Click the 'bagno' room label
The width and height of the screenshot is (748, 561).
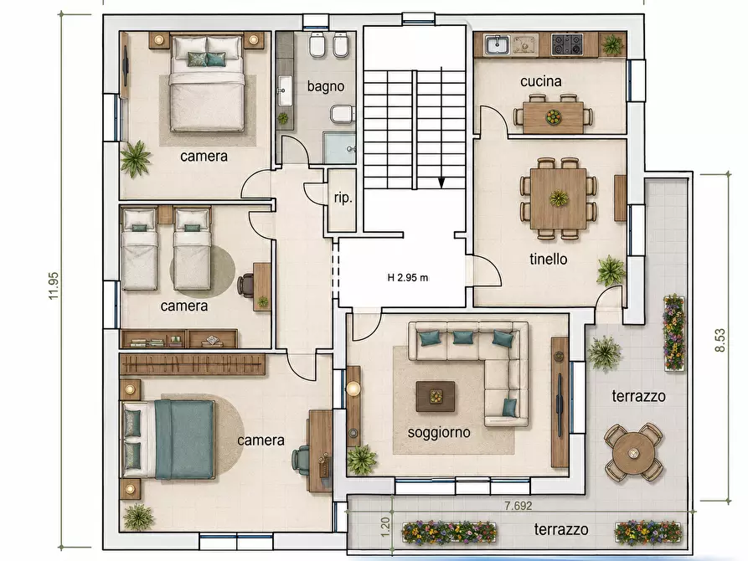coord(326,86)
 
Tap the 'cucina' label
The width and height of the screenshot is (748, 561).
coord(541,81)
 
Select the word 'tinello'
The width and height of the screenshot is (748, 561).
coord(549,259)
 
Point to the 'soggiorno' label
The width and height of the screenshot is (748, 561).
coord(439,433)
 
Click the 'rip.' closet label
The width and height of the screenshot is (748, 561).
coord(343,198)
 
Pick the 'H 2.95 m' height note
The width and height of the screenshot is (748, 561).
coord(408,278)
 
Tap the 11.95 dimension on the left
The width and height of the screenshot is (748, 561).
coord(54,286)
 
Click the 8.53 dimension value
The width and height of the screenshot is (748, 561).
coord(720,340)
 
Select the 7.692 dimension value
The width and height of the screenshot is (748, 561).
coord(518,506)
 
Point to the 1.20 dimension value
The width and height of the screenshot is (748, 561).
coord(385,527)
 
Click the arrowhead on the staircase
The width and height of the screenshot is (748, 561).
coord(441,183)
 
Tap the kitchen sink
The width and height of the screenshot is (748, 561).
coord(498,45)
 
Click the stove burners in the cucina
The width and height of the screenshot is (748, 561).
coord(567,45)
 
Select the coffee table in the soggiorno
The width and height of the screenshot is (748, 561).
coord(435,396)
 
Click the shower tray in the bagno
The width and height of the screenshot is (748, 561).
coord(339,148)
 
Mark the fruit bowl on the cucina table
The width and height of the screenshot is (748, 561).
coord(554,116)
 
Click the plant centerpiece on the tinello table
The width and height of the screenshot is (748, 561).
coord(559,198)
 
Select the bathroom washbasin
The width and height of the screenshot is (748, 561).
coord(286,90)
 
